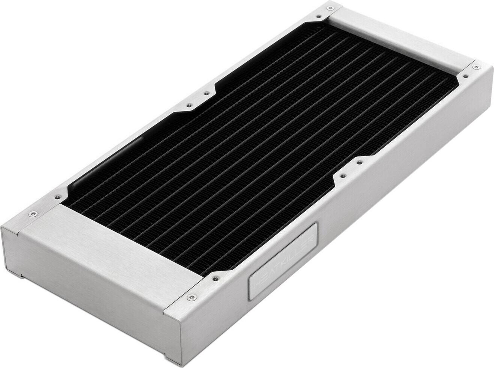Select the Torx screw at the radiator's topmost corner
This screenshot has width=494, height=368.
[318, 16]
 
